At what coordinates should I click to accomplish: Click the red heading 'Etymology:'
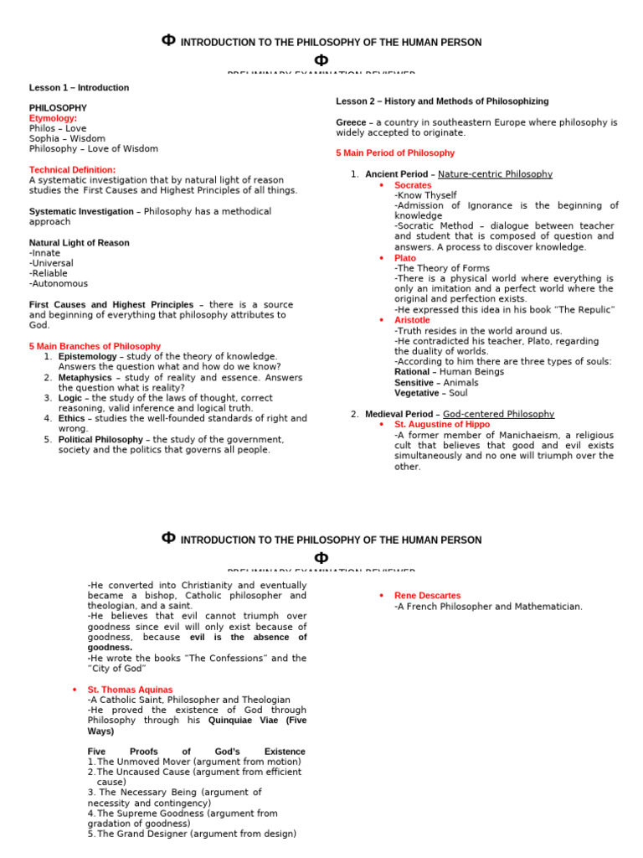(53, 118)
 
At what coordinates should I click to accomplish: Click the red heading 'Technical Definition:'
(70, 169)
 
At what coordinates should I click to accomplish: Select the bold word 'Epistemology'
(88, 356)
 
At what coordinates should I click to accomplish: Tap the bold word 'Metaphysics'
(85, 377)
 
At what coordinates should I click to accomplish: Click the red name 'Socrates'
(413, 185)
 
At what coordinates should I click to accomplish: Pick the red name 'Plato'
(404, 258)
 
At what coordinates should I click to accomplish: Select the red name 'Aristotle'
(412, 320)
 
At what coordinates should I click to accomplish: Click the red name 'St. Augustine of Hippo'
(442, 425)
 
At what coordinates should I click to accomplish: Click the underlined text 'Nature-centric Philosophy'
(495, 174)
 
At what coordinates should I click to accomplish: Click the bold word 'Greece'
(350, 122)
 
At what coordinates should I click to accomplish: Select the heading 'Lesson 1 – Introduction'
(79, 87)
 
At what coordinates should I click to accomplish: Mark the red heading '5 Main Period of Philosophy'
(395, 153)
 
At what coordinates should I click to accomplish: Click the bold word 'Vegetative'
(416, 393)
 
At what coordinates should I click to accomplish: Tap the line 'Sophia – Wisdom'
(67, 138)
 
